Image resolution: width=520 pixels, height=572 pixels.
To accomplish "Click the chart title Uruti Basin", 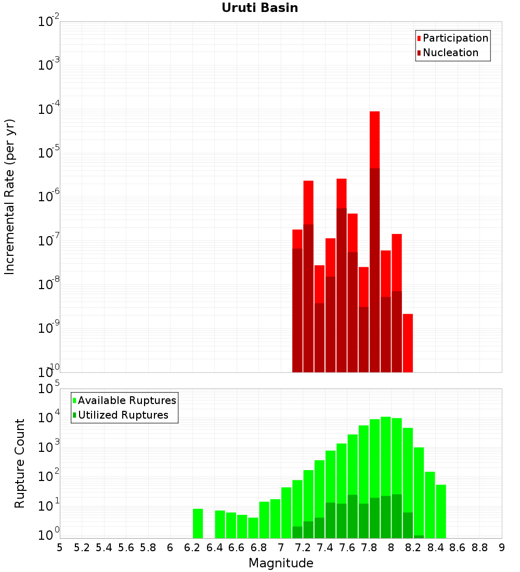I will tap(259, 8).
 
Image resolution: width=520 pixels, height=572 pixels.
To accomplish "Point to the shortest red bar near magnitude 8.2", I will tap(408, 343).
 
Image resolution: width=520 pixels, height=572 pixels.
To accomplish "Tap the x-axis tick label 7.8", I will tap(369, 548).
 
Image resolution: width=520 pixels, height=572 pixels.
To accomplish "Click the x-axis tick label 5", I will tap(60, 548).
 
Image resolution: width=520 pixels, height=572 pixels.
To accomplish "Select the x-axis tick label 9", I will tap(501, 548).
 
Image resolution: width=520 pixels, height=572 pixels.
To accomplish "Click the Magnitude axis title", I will tap(281, 564).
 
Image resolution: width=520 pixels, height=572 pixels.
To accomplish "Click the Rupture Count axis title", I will tap(20, 463).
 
